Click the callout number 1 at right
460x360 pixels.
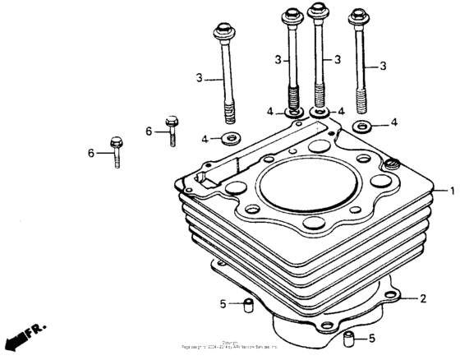[451, 191]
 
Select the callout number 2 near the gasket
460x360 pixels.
[424, 298]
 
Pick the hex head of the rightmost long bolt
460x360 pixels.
[358, 16]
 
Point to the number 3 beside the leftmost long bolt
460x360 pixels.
[199, 77]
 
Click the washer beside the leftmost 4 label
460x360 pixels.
[232, 136]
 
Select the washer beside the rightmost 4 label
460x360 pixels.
[361, 125]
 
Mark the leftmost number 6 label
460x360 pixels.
[92, 152]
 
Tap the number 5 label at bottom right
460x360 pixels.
[371, 338]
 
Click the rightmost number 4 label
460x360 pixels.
[394, 122]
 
